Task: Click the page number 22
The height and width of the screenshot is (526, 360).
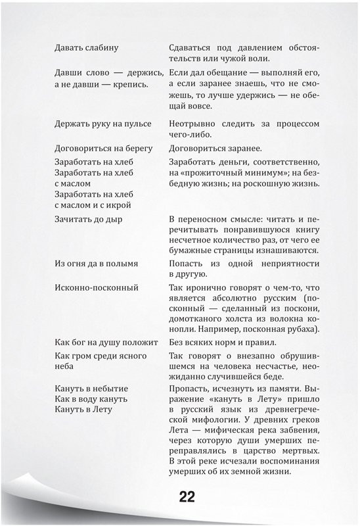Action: tap(187, 497)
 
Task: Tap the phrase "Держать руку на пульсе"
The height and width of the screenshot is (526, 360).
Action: tap(103, 123)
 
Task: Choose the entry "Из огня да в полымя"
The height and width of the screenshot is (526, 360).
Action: tap(97, 263)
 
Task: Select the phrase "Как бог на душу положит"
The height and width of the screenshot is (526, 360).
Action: tap(106, 342)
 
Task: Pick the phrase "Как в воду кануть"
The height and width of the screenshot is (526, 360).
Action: tap(91, 398)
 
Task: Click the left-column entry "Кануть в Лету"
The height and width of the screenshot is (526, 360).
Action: tap(84, 409)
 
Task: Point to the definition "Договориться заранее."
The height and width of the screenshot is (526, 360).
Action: tap(215, 148)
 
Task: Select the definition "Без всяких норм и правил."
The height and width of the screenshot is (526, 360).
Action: tap(221, 342)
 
